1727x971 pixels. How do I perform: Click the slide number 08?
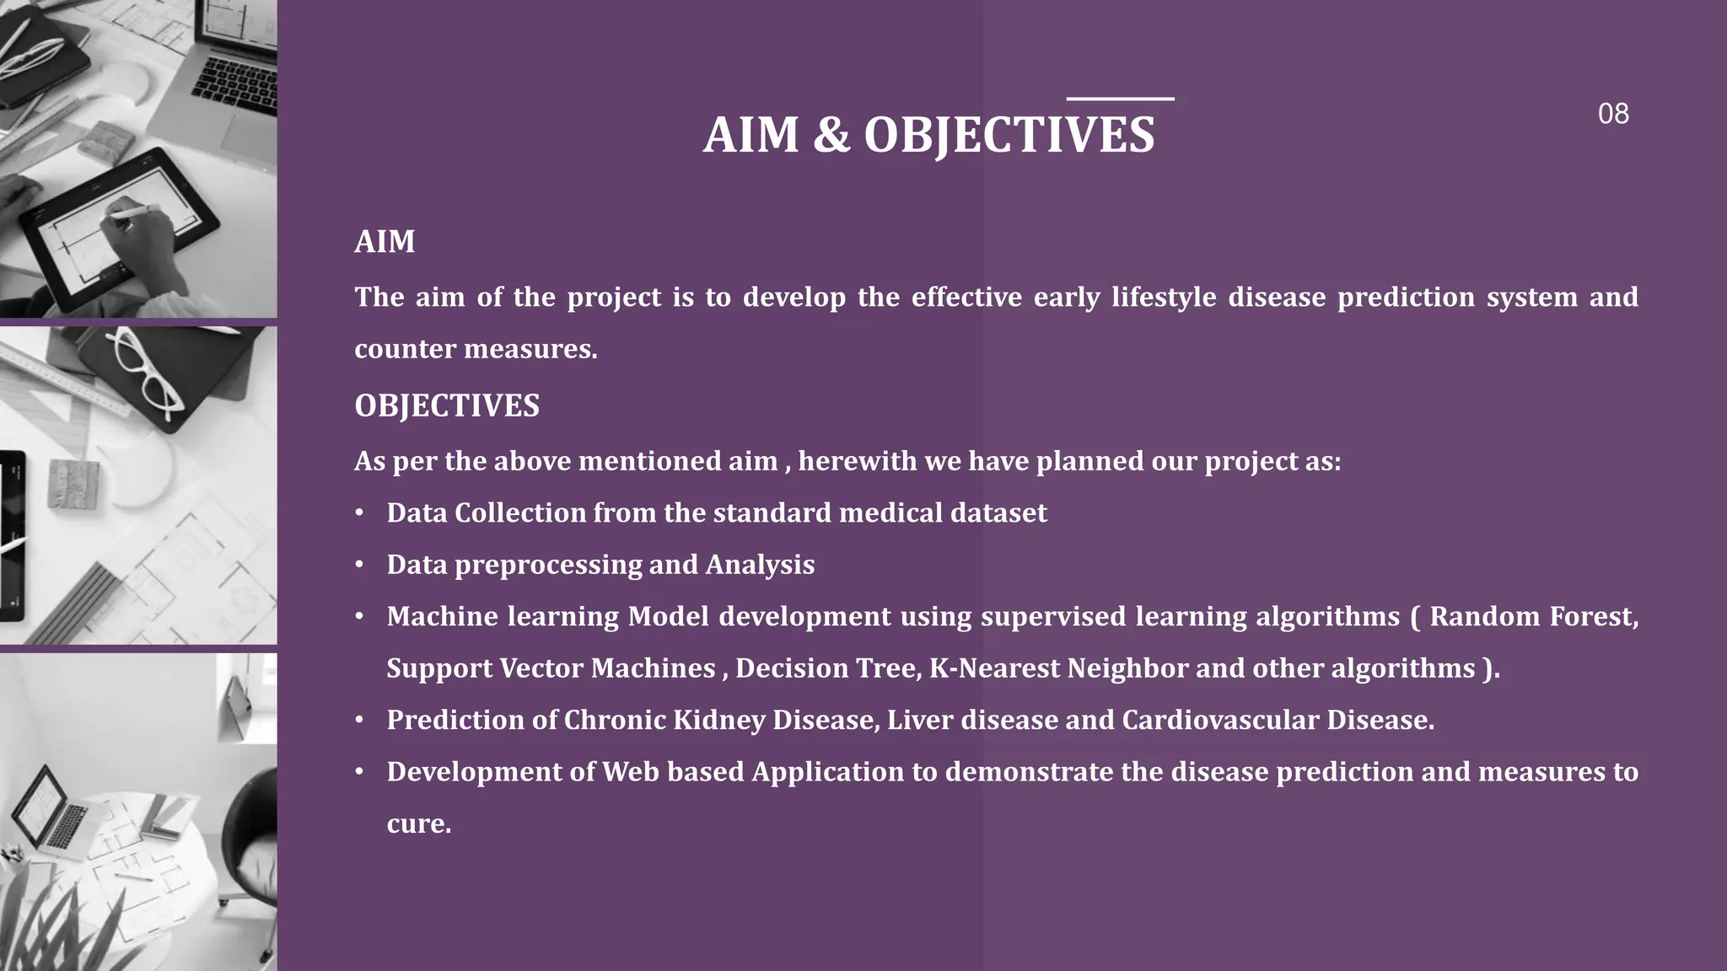[1612, 114]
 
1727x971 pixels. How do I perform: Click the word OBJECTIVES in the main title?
[1009, 135]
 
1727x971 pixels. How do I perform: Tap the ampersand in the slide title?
[831, 135]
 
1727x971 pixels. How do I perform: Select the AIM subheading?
[385, 242]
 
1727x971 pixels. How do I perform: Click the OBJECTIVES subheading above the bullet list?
[446, 406]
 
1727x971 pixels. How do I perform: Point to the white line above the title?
[1120, 99]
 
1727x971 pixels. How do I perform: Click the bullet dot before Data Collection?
[359, 513]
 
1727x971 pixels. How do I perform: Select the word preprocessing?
[547, 565]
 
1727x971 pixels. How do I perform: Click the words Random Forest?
[1533, 617]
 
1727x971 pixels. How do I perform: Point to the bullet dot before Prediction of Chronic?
[359, 721]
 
